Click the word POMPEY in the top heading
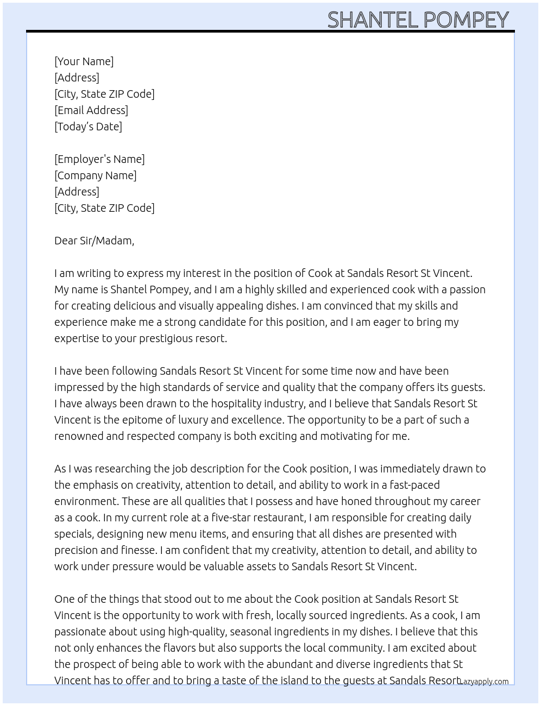tap(465, 20)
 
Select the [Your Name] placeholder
tap(84, 61)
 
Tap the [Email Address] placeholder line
tap(91, 110)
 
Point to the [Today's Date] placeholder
tap(88, 127)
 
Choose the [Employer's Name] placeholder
tap(99, 159)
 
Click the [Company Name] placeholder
tap(95, 175)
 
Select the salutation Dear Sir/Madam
tap(94, 241)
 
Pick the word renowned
tap(78, 436)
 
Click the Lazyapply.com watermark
tap(484, 682)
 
